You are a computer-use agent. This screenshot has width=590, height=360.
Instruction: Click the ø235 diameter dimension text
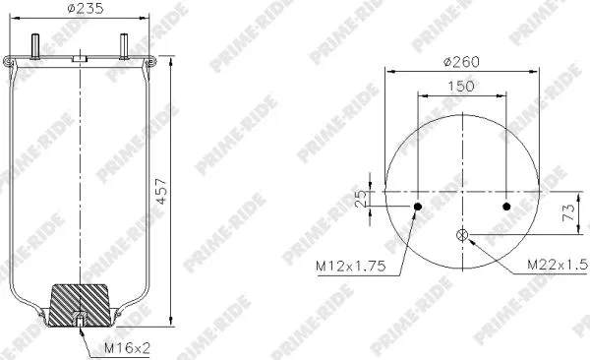[79, 9]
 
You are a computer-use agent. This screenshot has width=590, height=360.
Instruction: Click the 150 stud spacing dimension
[462, 88]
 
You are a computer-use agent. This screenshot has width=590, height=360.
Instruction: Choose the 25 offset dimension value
[361, 198]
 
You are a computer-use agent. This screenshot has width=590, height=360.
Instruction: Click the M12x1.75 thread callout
[349, 266]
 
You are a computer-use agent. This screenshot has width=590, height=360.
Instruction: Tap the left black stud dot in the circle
[418, 207]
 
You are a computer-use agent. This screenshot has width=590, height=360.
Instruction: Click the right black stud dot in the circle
[506, 207]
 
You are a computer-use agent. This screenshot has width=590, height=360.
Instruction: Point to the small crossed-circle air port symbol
[462, 234]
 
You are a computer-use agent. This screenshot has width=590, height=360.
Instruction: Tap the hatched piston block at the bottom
[80, 299]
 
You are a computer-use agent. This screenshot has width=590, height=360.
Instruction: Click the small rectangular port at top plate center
[79, 60]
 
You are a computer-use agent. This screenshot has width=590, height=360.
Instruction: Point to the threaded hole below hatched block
[79, 320]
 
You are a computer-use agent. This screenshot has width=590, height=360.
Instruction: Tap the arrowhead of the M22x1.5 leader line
[469, 237]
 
